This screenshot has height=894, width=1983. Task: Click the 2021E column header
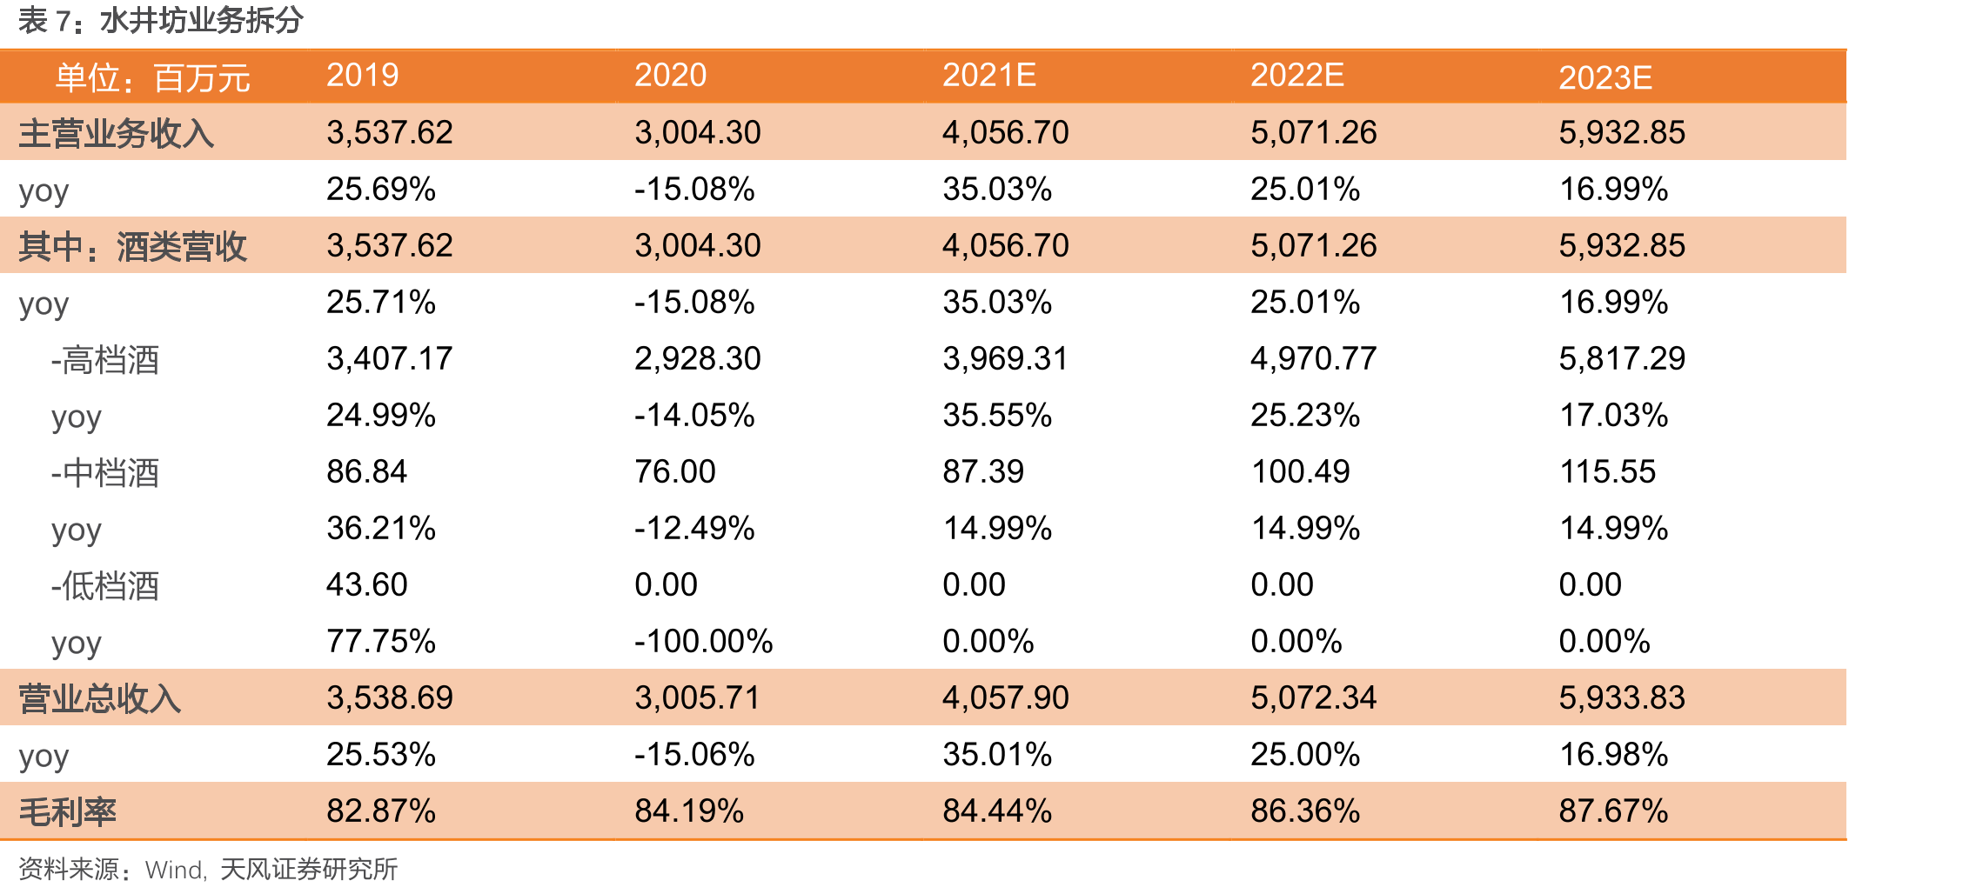click(x=988, y=76)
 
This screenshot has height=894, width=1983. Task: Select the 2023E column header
click(x=1604, y=78)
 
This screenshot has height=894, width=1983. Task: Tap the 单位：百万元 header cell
click(x=153, y=78)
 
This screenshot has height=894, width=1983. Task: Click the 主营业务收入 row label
click(x=117, y=133)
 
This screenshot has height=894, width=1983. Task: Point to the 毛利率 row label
click(x=68, y=811)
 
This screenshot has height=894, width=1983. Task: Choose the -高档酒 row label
click(x=105, y=359)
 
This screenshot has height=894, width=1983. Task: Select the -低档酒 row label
click(x=105, y=585)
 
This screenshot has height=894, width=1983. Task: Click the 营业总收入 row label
click(x=100, y=698)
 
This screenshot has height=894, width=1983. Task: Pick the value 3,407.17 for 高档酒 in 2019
click(x=390, y=359)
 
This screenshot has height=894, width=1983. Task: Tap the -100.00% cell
click(x=703, y=642)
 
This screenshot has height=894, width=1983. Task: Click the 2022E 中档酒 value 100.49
click(x=1300, y=472)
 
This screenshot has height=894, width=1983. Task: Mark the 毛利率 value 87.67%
click(x=1613, y=811)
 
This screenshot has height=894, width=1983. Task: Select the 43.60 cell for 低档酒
click(x=367, y=585)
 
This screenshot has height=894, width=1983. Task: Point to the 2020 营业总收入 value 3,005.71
click(x=698, y=698)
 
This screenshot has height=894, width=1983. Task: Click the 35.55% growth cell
click(x=997, y=416)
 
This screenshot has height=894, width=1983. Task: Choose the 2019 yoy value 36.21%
click(x=381, y=529)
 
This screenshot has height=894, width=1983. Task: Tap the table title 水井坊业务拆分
click(x=202, y=20)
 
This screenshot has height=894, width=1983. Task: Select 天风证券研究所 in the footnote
click(x=309, y=869)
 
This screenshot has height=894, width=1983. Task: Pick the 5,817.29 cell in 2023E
click(x=1622, y=359)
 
